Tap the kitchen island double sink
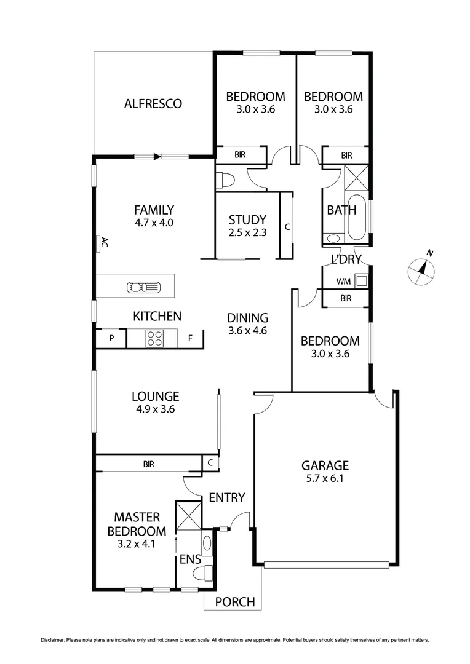click(x=143, y=287)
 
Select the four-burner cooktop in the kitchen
click(x=154, y=338)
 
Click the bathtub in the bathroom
click(x=356, y=218)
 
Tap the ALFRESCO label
click(x=153, y=103)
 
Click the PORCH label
click(x=234, y=602)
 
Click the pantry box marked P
click(x=112, y=338)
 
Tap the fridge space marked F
click(x=190, y=338)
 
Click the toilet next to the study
click(x=225, y=180)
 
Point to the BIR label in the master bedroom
click(x=148, y=464)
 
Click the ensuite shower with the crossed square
click(x=188, y=515)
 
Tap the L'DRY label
click(x=346, y=259)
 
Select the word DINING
click(x=247, y=318)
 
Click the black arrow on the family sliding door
click(x=157, y=157)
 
